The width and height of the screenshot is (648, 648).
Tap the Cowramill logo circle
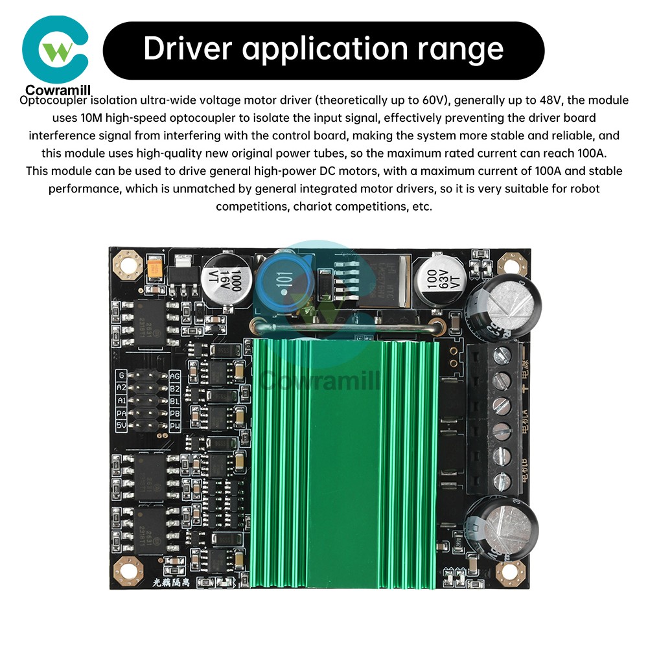(x=54, y=50)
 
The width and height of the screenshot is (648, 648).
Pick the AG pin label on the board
(x=174, y=376)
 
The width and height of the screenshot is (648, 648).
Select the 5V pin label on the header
(x=121, y=426)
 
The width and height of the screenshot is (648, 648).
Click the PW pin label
(x=174, y=426)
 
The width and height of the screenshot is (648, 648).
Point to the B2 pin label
(x=174, y=388)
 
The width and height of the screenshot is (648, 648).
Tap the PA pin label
(x=121, y=413)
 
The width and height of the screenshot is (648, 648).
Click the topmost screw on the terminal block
(x=502, y=354)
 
